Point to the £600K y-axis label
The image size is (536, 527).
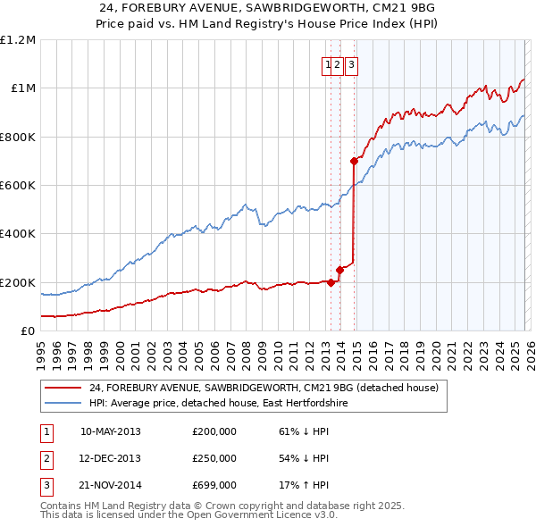coord(18,186)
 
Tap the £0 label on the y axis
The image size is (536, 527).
coord(29,331)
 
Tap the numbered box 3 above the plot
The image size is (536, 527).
coord(351,64)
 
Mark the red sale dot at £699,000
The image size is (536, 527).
coord(354,162)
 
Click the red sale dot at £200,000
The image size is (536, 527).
coord(331,282)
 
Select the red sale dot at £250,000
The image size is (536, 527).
coord(339,270)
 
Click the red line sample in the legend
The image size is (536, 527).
coord(63,389)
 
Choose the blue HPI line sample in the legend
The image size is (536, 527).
coord(63,404)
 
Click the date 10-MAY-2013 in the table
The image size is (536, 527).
coord(111,431)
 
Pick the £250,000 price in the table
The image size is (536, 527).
coord(214,458)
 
